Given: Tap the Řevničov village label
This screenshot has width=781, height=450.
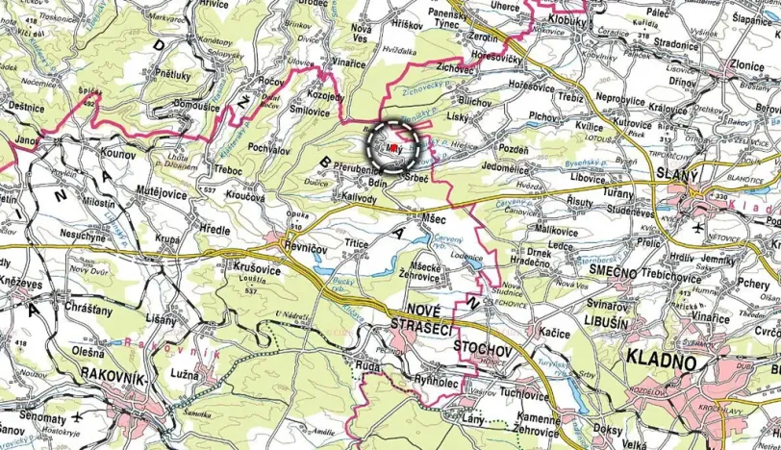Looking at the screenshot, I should click(x=307, y=245).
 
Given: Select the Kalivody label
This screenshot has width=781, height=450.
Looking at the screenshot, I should click(x=356, y=196).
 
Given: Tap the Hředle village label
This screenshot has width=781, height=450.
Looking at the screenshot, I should click(x=214, y=231).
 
